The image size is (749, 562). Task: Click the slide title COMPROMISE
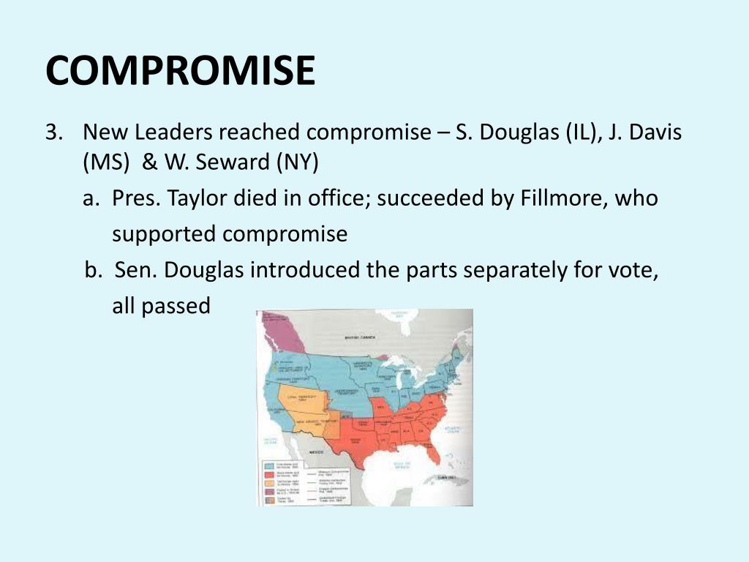pos(180,70)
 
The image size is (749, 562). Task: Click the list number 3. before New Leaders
pos(55,132)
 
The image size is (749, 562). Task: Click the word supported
pos(165,234)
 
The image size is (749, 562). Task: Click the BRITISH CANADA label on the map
pos(360,337)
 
